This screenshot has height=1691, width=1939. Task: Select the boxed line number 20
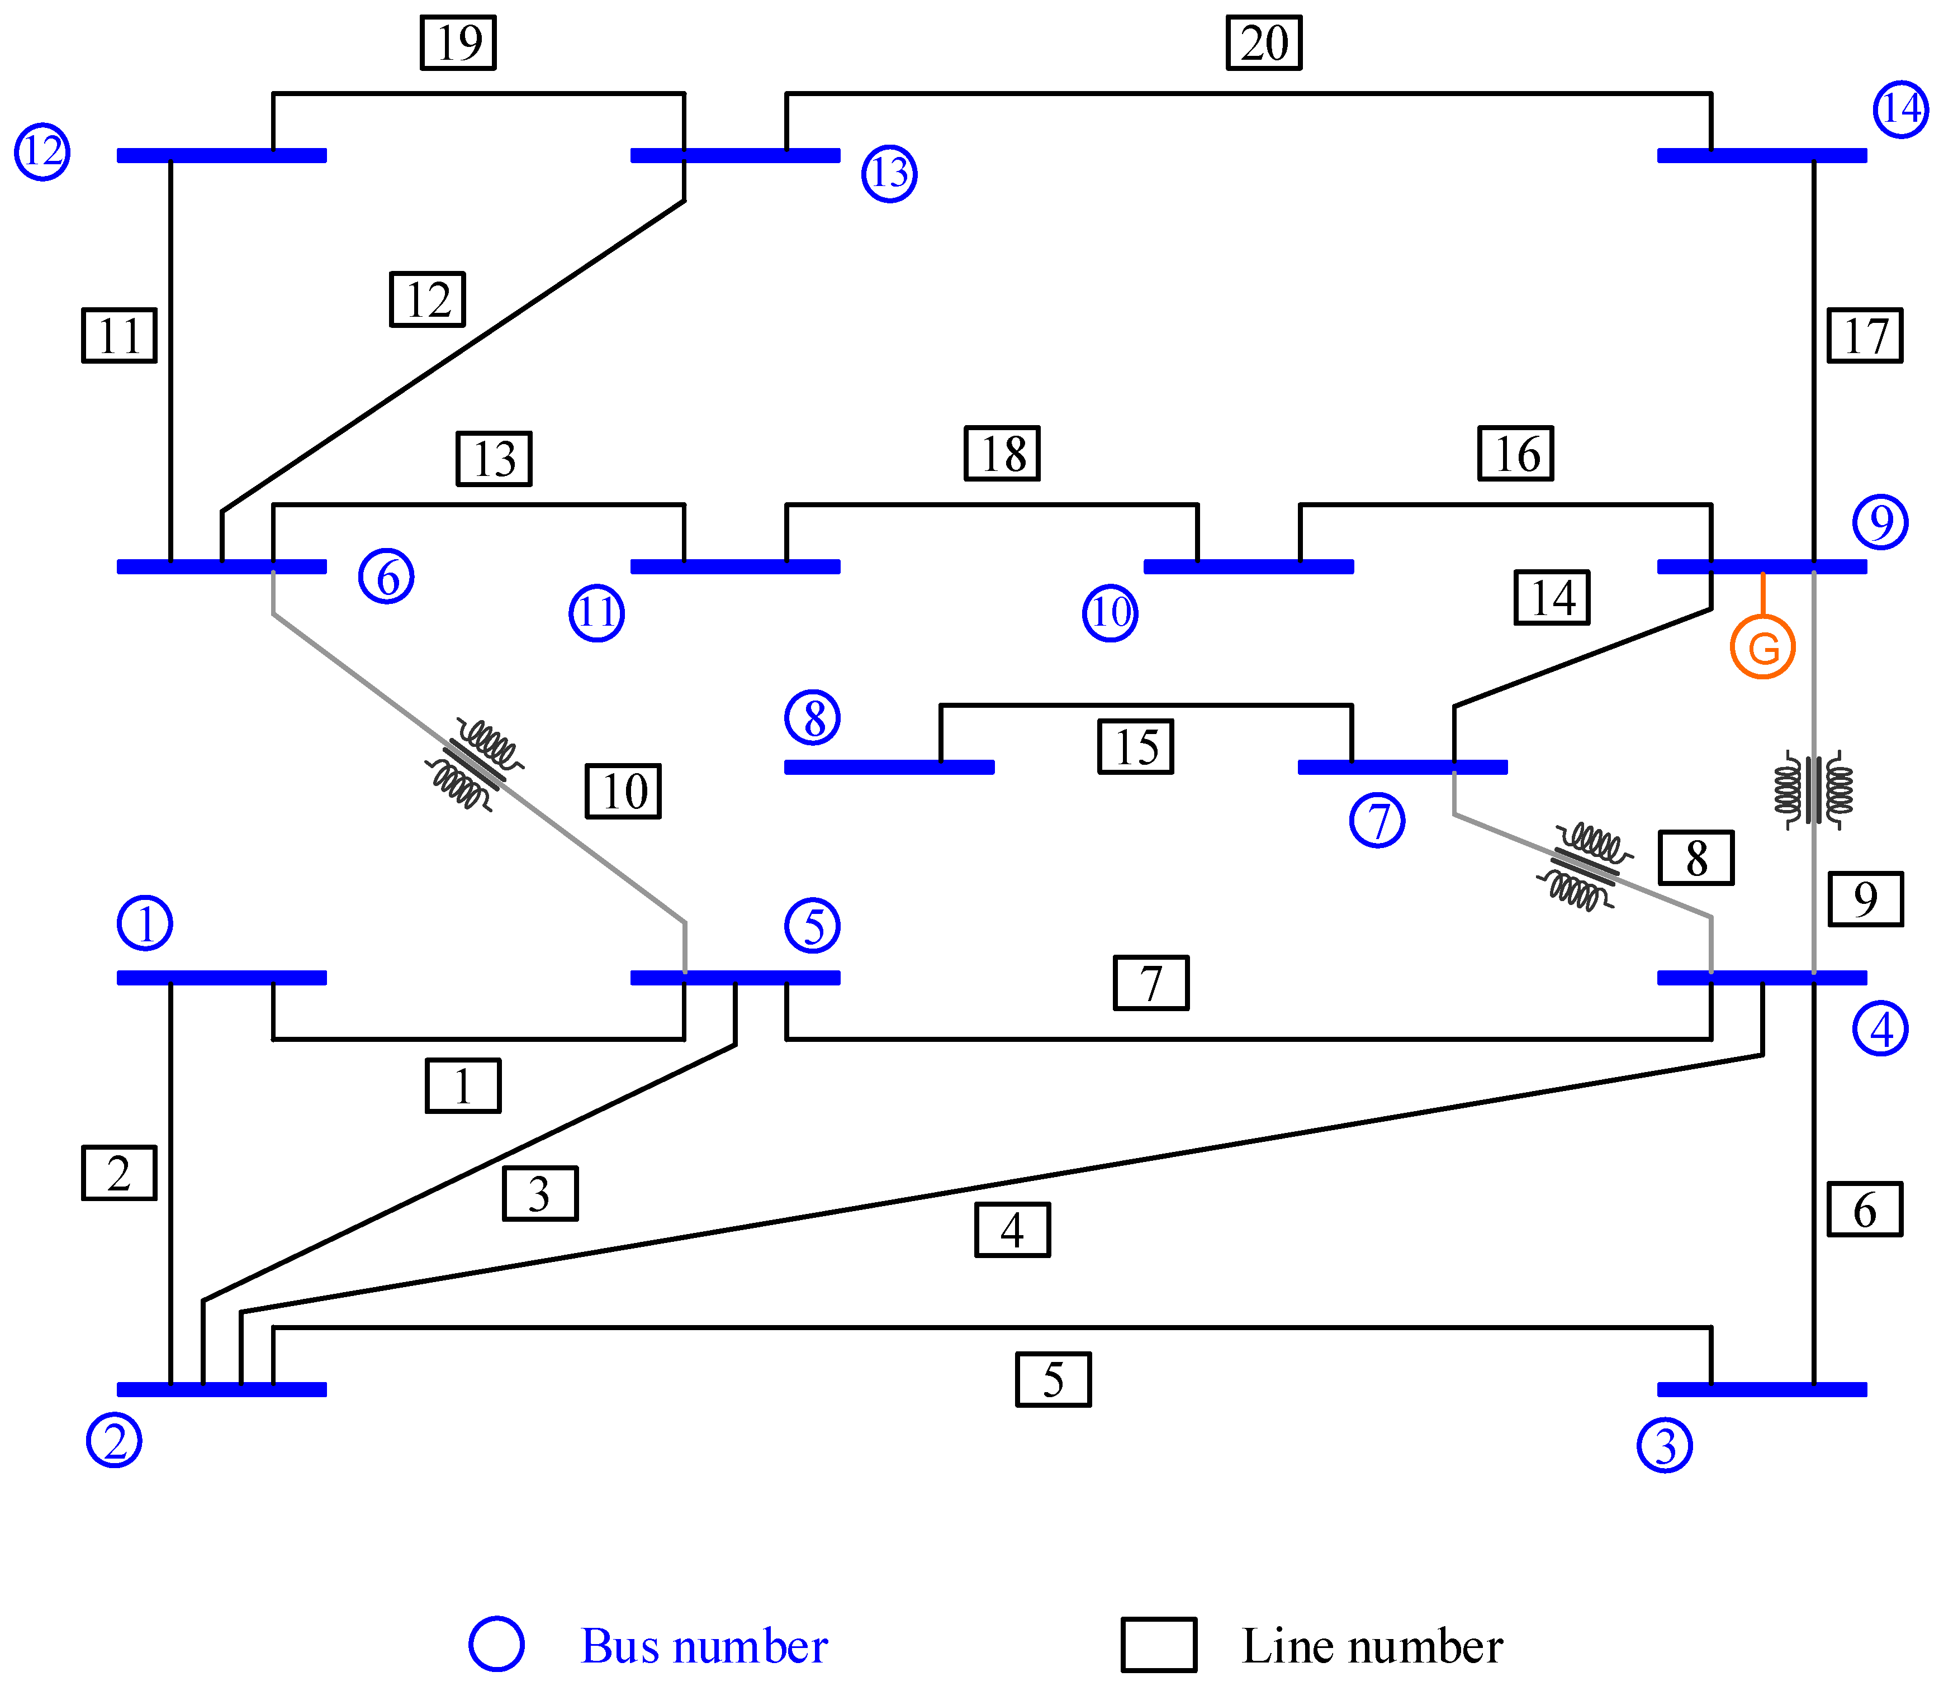[1263, 42]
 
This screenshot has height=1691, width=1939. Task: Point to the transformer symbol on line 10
[474, 764]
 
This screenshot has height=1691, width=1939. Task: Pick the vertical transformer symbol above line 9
[1813, 790]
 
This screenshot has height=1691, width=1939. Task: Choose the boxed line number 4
[1012, 1230]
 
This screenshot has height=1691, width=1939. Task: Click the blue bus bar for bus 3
[1761, 1389]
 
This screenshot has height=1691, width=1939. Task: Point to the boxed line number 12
[428, 299]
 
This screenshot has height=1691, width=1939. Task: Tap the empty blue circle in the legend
[496, 1644]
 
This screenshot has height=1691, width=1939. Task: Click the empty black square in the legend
[1158, 1645]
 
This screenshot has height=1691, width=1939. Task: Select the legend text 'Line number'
[1372, 1646]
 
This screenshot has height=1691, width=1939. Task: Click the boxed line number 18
[1002, 454]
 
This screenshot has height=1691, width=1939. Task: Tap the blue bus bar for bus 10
[1248, 566]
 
